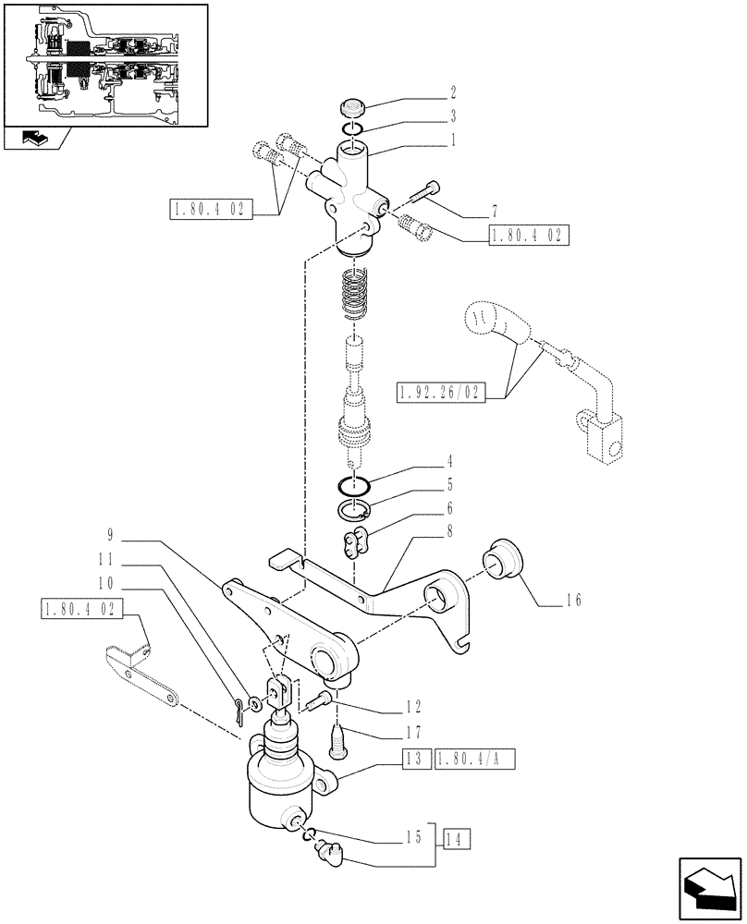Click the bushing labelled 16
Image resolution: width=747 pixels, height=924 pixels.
[503, 558]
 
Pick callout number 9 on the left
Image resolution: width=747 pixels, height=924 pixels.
[109, 533]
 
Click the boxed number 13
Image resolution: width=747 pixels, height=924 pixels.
[412, 760]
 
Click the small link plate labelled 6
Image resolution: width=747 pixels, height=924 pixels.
[355, 545]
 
